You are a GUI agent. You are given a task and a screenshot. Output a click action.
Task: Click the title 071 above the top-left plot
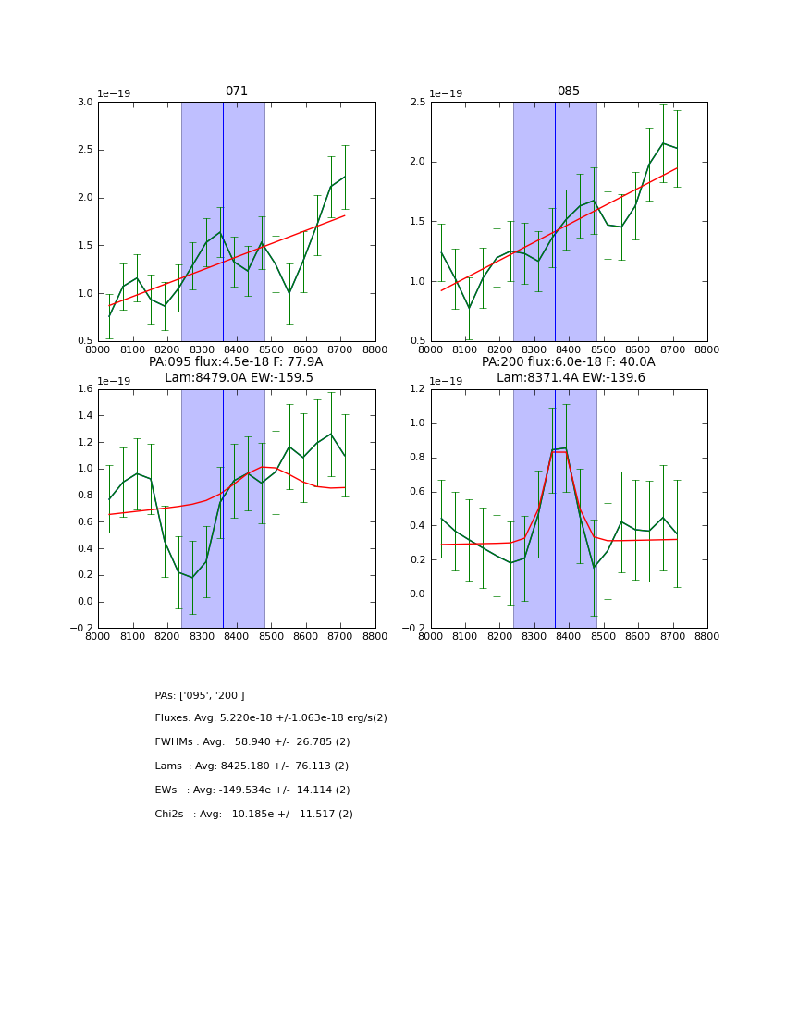(237, 92)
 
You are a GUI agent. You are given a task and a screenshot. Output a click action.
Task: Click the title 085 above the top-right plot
(569, 92)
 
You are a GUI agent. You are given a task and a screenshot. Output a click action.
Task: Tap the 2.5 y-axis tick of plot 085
(416, 102)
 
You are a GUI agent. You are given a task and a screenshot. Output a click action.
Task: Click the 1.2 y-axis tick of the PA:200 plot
(416, 389)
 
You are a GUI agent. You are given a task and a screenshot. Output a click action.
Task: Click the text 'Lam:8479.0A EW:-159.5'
(239, 377)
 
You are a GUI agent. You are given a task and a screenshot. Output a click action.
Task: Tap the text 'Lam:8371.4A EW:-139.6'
(571, 377)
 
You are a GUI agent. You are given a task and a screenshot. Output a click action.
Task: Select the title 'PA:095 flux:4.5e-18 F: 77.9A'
(236, 362)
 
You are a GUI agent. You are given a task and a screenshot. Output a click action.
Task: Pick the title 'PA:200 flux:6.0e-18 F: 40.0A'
(568, 362)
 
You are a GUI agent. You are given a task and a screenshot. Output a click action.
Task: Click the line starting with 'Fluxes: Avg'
(271, 718)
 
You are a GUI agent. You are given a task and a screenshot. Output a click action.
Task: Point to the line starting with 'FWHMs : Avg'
(252, 742)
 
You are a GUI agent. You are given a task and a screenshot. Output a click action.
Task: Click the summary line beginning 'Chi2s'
(253, 815)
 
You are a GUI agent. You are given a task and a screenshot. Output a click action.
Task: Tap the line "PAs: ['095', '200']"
(200, 695)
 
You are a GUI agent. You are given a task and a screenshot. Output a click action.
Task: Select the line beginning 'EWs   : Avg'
(252, 790)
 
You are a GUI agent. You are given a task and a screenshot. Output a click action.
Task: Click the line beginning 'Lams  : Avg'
(252, 766)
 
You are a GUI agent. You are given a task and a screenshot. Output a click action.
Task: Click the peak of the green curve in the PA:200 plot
(565, 447)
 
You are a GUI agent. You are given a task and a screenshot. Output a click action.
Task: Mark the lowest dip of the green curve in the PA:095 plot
(192, 578)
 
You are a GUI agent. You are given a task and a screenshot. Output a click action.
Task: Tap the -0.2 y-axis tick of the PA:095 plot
(81, 628)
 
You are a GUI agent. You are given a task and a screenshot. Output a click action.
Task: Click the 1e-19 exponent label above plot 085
(447, 93)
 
